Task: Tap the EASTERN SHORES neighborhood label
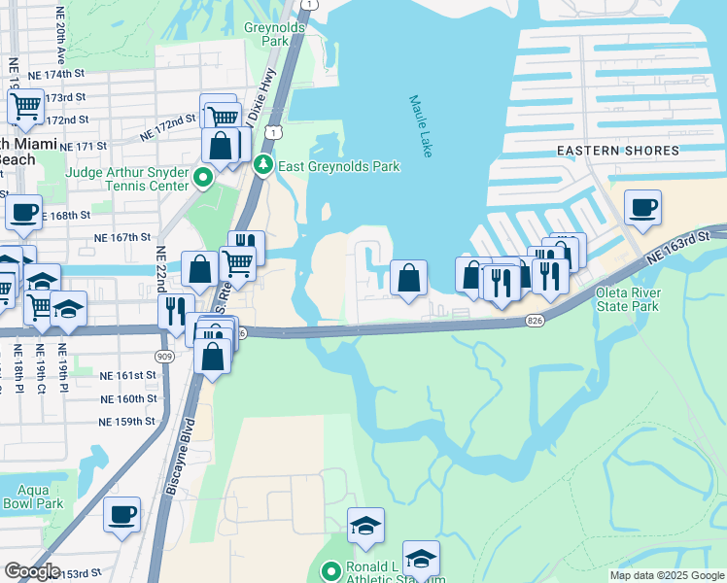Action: [617, 151]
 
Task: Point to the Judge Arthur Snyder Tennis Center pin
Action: [203, 178]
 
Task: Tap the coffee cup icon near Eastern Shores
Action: [642, 207]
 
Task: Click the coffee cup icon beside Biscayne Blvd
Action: [121, 514]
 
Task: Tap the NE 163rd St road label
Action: [680, 249]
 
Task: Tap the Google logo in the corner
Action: [32, 571]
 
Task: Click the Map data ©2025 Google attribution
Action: [666, 575]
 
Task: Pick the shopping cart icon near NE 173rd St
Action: [25, 105]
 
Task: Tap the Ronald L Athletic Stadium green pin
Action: [331, 571]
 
